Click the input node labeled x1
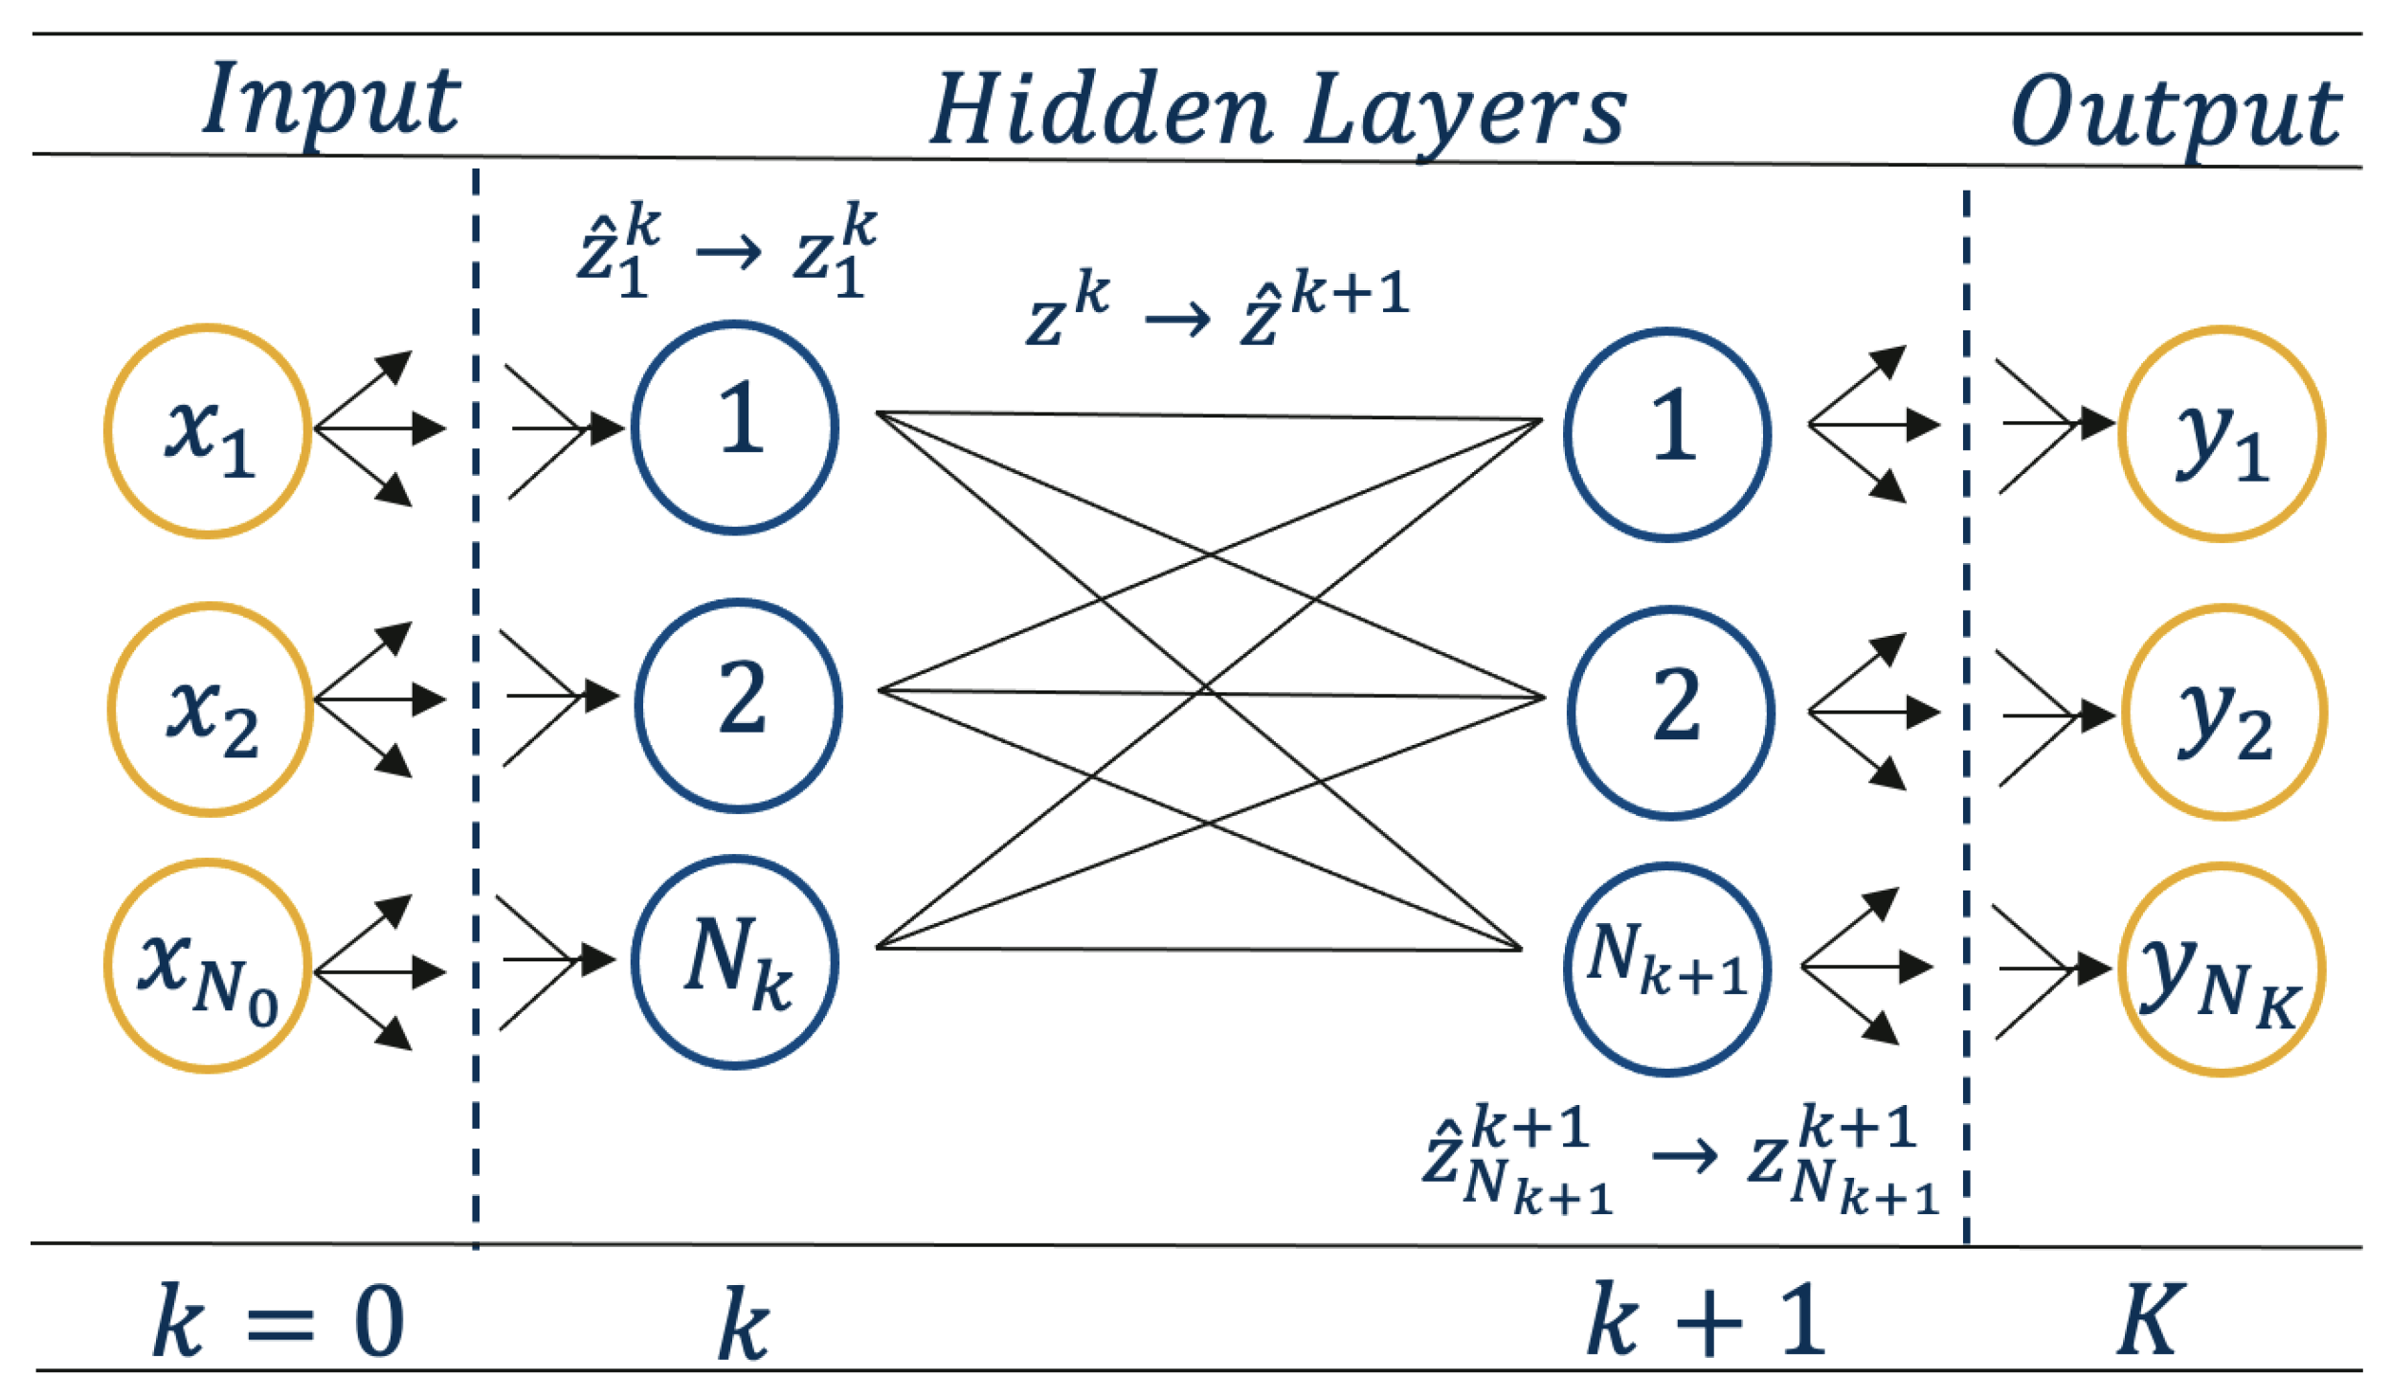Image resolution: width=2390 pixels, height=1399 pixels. (208, 431)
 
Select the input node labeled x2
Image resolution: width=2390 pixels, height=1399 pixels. (211, 710)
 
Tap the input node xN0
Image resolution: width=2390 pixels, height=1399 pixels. (208, 966)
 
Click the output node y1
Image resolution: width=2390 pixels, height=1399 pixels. (2221, 434)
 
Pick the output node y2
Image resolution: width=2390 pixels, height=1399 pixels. (2223, 712)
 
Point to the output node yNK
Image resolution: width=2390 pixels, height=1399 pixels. (2221, 970)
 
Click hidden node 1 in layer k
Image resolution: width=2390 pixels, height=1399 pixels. (734, 427)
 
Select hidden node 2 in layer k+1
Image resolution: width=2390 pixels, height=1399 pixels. (1670, 712)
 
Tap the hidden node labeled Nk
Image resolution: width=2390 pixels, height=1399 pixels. (734, 962)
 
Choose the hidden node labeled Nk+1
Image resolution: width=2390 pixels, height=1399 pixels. (1667, 970)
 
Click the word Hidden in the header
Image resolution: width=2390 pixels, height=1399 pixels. (1101, 110)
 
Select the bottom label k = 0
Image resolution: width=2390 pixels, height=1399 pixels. (278, 1322)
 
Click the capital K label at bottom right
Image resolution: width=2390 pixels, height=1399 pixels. (2149, 1320)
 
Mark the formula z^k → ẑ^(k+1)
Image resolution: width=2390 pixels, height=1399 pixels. (1216, 308)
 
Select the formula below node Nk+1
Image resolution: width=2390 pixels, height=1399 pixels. (1680, 1159)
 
